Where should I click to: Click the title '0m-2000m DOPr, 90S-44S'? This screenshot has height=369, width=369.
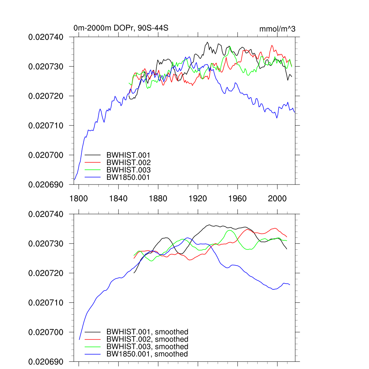point(121,28)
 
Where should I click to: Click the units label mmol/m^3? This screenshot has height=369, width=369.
point(277,29)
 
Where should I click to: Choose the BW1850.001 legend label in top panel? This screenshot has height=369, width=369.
point(128,177)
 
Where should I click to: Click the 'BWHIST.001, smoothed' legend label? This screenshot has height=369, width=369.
point(147,332)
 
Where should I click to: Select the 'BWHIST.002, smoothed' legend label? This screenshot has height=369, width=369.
point(147,339)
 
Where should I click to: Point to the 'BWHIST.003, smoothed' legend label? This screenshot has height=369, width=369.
point(147,347)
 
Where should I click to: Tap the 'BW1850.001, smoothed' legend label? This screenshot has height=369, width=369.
point(147,354)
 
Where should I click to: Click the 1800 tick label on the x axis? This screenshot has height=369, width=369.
point(79,198)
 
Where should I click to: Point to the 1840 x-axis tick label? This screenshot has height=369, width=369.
point(118,198)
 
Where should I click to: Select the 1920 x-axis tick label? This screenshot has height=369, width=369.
point(198,198)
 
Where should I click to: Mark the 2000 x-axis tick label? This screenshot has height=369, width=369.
point(277,198)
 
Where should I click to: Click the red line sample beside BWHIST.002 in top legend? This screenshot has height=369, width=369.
point(93,163)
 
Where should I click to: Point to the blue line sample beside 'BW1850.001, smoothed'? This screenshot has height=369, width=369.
point(93,354)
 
